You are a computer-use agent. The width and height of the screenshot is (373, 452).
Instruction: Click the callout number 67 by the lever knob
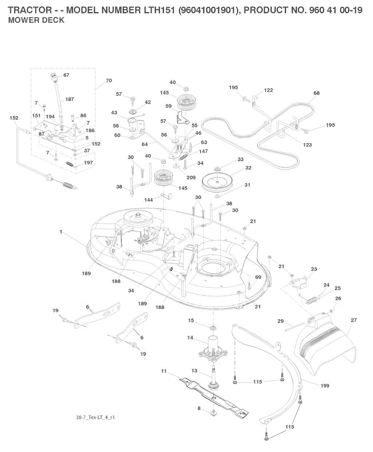tap(66, 75)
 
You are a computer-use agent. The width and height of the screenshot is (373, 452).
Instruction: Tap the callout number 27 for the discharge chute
tap(354, 320)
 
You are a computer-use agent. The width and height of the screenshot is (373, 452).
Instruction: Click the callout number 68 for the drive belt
tap(316, 93)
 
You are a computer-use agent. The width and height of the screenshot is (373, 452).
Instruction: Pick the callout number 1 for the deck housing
tap(61, 232)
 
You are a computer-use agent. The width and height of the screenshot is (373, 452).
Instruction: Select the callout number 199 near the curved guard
tap(325, 386)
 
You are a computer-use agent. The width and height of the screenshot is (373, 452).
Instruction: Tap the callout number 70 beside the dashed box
tap(109, 80)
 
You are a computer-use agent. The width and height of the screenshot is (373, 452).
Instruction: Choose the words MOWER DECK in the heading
tap(36, 20)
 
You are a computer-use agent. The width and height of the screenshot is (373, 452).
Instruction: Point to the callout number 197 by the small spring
tap(88, 162)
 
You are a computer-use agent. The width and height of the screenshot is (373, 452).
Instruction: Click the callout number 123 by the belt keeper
tap(307, 145)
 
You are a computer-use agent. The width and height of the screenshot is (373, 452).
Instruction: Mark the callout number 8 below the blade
tap(199, 408)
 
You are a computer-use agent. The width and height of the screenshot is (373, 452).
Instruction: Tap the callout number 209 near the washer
tap(191, 177)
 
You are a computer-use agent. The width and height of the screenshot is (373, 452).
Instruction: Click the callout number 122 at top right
tap(268, 90)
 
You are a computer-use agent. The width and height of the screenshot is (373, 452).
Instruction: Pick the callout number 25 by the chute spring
tap(337, 288)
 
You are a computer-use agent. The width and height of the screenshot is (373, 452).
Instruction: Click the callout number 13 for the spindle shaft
tap(194, 371)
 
